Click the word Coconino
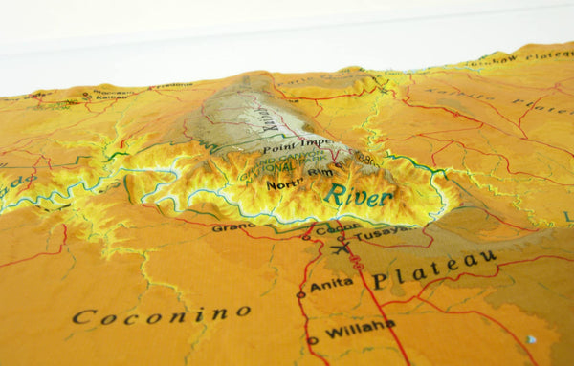point(162,313)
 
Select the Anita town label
point(331,284)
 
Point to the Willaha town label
point(359,330)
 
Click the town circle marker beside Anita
point(301,295)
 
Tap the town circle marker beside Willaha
point(311,340)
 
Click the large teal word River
point(358,196)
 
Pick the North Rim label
point(286,183)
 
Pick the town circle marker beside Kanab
point(86,96)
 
